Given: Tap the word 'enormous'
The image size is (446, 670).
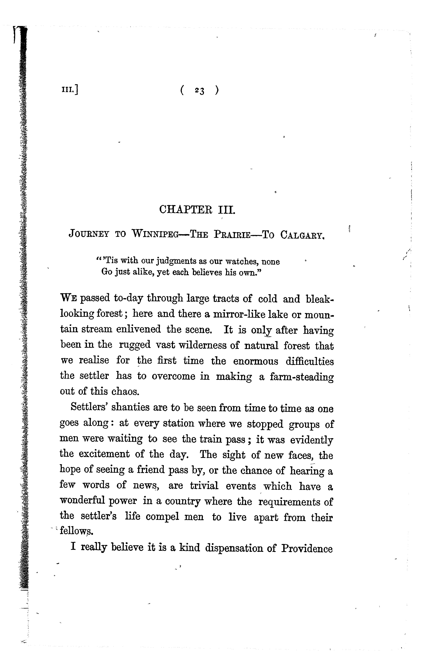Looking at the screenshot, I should coord(255,361).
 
